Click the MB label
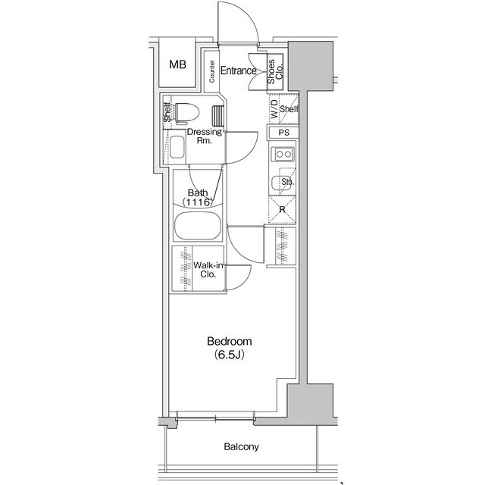coord(177,64)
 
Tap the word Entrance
coord(238,71)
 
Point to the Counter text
coord(212,73)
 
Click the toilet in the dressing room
coord(184,112)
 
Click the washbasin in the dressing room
coord(179,146)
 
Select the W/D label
coord(273,111)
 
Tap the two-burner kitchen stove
coord(284,155)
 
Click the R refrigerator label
coord(282,210)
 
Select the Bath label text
coord(197,192)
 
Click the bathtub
coord(197,227)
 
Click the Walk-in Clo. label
coord(208,270)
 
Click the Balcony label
coord(240,447)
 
